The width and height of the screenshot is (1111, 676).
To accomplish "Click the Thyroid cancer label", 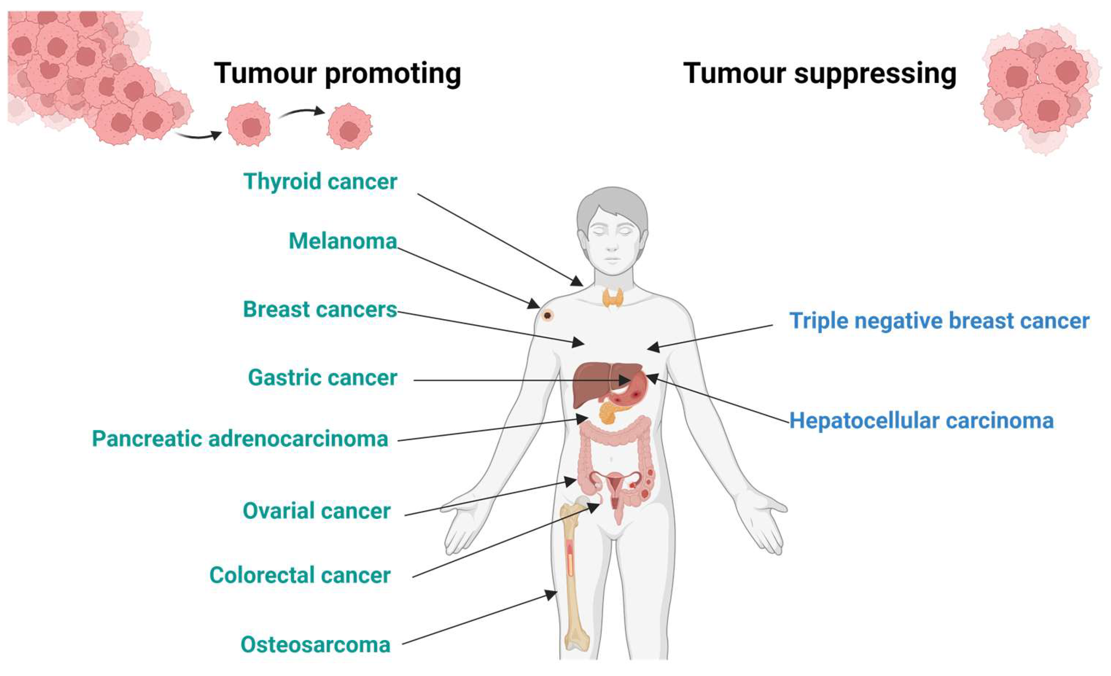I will pos(320,182).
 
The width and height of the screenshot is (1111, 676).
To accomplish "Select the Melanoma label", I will pos(343,241).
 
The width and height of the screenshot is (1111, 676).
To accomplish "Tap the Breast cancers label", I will pos(320,310).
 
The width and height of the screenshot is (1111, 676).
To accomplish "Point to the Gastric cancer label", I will pos(323,378).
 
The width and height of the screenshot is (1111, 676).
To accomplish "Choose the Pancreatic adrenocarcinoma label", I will pos(240,439).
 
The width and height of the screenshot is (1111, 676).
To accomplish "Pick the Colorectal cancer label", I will pos(300,576).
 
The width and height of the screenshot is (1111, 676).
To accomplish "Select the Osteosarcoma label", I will pos(316,645).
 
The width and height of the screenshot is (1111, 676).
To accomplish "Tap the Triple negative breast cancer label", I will pos(939,321).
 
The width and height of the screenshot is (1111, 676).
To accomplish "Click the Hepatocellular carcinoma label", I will pos(921,421).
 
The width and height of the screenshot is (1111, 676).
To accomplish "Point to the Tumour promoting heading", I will pos(337,74).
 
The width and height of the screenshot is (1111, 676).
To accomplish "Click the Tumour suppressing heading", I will pos(820,74).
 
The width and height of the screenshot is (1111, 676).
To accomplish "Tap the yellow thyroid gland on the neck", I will pos(613,297).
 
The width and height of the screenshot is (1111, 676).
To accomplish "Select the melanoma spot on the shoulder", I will pos(547,315).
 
